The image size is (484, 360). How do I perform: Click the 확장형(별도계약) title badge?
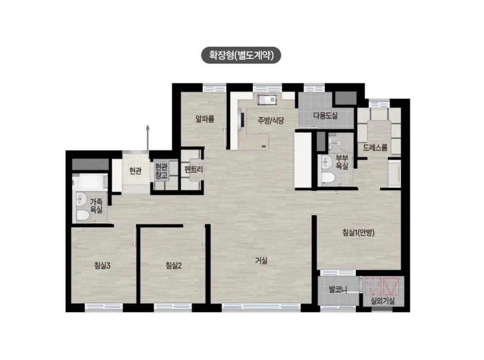click(x=241, y=55)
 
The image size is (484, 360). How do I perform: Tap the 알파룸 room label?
click(x=205, y=119)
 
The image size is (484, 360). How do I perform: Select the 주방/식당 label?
click(x=271, y=120)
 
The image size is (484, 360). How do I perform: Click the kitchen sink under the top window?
click(x=267, y=100)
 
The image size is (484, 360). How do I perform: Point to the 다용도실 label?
click(x=325, y=116)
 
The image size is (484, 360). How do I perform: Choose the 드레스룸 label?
click(x=375, y=147)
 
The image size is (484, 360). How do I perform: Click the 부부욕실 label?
click(x=342, y=162)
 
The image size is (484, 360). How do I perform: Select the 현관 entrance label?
click(x=135, y=171)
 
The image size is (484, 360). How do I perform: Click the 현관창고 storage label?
click(x=161, y=171)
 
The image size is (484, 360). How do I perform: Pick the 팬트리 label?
click(x=194, y=169)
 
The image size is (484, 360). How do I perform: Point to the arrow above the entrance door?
click(x=148, y=138)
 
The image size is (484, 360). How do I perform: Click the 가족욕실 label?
click(x=97, y=206)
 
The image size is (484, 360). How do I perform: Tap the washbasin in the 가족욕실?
click(x=81, y=199)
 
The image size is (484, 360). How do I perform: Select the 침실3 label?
click(x=102, y=265)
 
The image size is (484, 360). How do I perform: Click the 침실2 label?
click(x=174, y=265)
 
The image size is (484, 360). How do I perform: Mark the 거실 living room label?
click(x=261, y=261)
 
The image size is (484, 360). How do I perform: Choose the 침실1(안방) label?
click(x=358, y=232)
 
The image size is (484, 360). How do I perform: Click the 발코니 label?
click(x=338, y=289)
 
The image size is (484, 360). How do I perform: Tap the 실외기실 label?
click(x=383, y=301)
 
